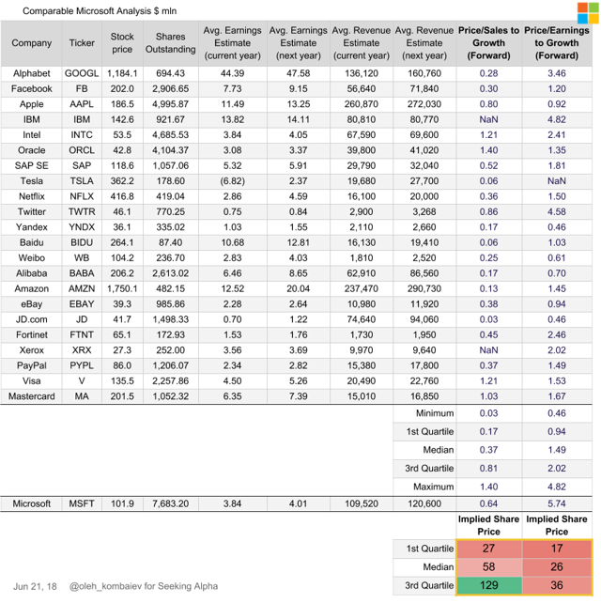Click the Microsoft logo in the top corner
[x=588, y=13]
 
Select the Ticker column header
[x=82, y=43]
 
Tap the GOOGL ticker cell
[x=82, y=73]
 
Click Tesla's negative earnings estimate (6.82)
[x=232, y=181]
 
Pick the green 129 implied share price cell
[x=488, y=585]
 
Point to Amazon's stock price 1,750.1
[x=122, y=288]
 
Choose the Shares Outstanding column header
[x=170, y=43]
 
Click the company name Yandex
[x=32, y=227]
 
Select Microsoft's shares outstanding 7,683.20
[x=170, y=503]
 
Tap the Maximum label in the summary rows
[x=433, y=487]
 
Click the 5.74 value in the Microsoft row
[x=557, y=503]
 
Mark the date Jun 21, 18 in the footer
[x=35, y=586]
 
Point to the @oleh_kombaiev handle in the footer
[x=105, y=586]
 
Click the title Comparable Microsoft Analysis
[x=87, y=10]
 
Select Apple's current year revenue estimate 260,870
[x=361, y=104]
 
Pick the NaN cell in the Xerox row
[x=488, y=350]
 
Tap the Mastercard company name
[x=32, y=396]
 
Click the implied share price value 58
[x=488, y=567]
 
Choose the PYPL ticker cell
[x=82, y=365]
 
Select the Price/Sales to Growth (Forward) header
[x=488, y=43]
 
